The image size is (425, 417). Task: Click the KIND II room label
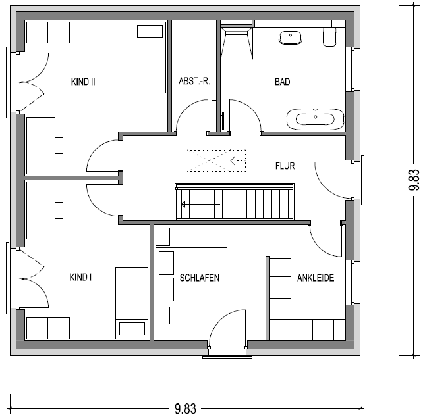83,82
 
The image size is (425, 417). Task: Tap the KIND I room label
80,277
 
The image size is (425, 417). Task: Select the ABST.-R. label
194,81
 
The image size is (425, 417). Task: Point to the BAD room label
283,82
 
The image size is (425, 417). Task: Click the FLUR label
285,166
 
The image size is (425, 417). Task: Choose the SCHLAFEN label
200,278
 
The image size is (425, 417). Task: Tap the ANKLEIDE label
316,278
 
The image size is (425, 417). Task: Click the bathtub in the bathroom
315,118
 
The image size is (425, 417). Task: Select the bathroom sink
291,36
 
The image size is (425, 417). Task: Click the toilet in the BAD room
329,37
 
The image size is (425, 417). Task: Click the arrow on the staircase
200,204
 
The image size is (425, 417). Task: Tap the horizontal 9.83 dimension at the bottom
185,408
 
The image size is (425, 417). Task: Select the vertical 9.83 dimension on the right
414,180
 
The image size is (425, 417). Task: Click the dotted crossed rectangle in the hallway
217,160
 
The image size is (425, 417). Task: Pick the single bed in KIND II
150,58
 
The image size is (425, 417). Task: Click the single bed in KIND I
132,303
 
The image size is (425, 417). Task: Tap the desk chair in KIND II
59,145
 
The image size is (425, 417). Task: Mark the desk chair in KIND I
59,210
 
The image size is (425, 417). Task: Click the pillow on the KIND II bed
150,32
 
